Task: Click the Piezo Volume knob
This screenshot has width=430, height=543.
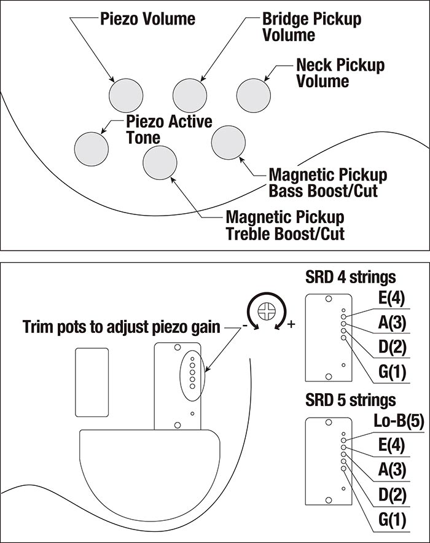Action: pos(125,96)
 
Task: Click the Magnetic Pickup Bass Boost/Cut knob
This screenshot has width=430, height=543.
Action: pos(229,143)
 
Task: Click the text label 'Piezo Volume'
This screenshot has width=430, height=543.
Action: pos(147,19)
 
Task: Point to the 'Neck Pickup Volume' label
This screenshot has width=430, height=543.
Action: pos(340,72)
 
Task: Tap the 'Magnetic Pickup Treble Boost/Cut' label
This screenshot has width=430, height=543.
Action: pos(285,225)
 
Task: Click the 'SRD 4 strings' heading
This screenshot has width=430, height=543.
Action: pos(350,277)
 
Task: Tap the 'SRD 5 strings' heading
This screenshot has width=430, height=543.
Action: pos(350,400)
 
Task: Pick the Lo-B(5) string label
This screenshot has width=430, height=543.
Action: pos(383,422)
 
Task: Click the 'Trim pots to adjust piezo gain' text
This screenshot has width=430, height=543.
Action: pos(121,326)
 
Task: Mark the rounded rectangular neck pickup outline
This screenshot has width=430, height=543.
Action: pos(91,380)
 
